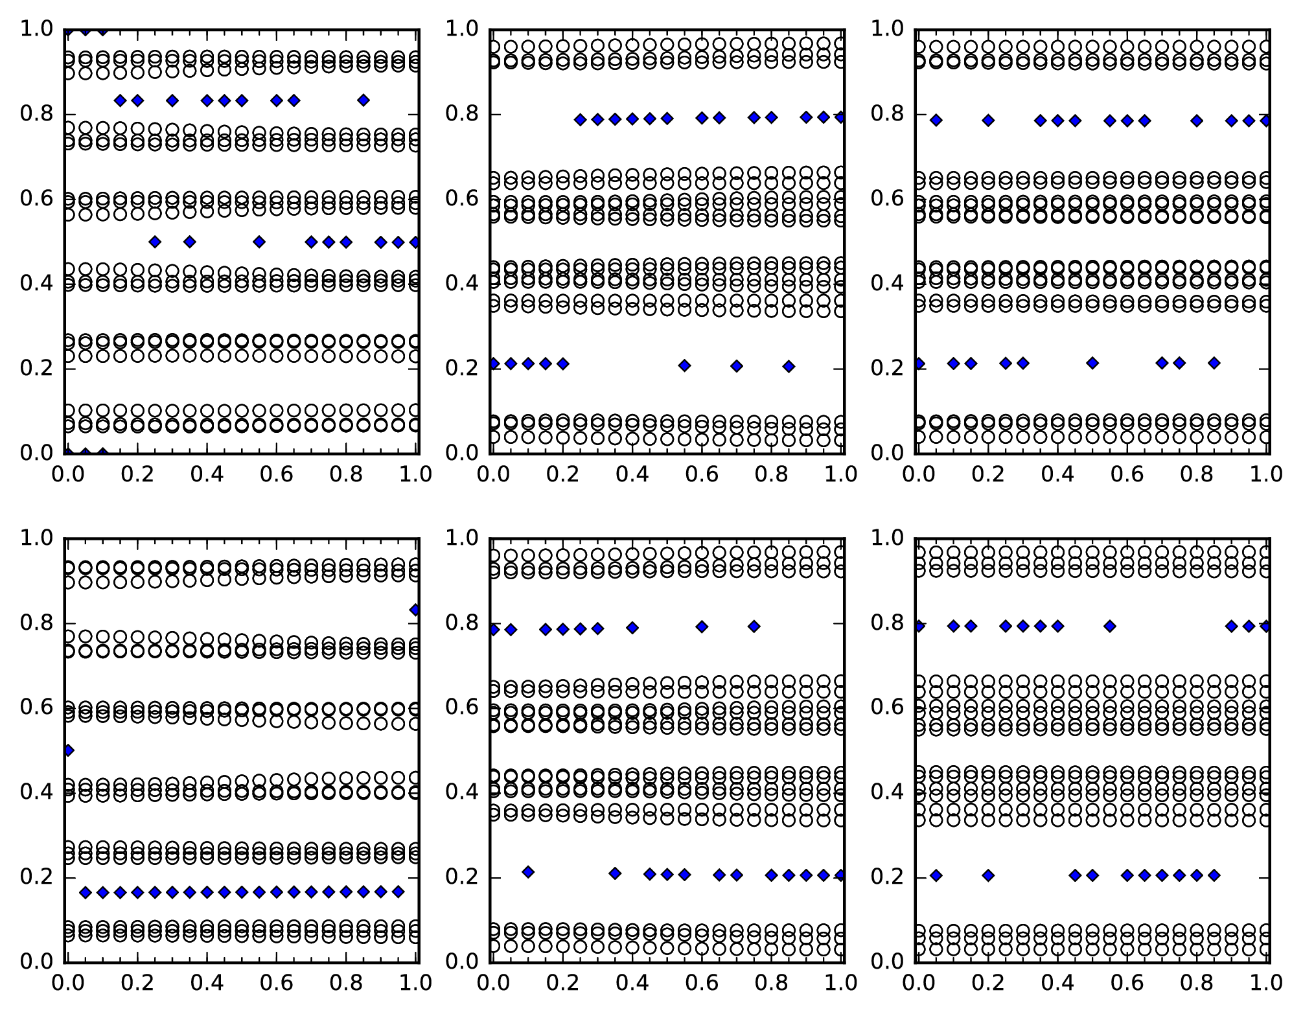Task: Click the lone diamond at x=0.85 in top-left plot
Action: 363,100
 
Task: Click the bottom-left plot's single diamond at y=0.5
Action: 67,750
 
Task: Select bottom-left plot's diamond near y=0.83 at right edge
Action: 415,610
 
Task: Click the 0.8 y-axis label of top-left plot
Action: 37,114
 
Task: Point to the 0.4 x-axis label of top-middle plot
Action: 632,474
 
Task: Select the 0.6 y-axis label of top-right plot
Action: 888,198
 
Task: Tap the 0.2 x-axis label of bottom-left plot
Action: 137,983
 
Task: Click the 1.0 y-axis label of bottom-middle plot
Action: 462,538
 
